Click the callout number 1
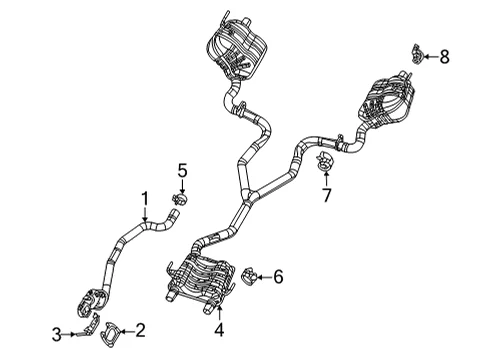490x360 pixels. click(x=144, y=198)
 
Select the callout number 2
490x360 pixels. click(x=140, y=330)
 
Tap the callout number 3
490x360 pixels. click(x=57, y=334)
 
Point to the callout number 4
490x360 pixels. click(x=219, y=330)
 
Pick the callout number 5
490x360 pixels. click(x=182, y=171)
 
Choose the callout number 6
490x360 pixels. click(x=278, y=277)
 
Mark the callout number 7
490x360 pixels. click(x=326, y=195)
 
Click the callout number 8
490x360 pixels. click(x=444, y=57)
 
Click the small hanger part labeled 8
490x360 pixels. click(x=416, y=54)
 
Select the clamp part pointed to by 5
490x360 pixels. click(x=179, y=199)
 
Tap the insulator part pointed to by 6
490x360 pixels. click(x=248, y=277)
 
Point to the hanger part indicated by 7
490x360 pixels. click(x=324, y=160)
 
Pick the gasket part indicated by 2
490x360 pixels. click(x=109, y=334)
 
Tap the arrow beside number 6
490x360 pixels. click(x=264, y=277)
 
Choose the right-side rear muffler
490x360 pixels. click(x=387, y=102)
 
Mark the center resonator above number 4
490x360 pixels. click(x=200, y=280)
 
